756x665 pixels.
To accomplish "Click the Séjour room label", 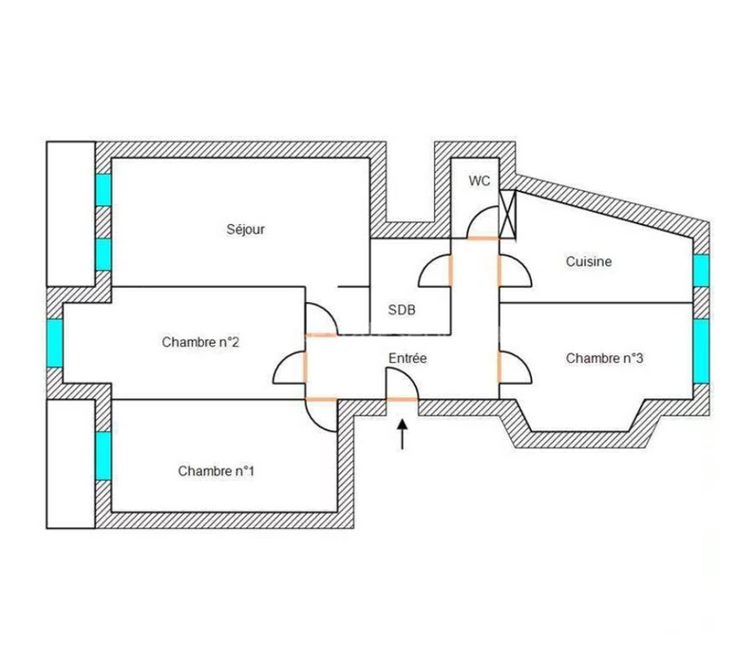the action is click(245, 229).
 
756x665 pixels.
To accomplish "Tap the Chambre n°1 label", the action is click(216, 470).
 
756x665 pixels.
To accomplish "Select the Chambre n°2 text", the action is click(200, 342).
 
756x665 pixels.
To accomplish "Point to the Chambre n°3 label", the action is click(605, 358).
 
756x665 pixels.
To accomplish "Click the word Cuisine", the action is click(589, 261).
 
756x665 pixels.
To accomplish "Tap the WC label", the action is click(480, 180).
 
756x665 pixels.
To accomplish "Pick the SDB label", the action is click(402, 310).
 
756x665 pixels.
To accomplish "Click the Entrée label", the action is click(407, 358).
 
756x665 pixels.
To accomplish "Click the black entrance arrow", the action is click(402, 434).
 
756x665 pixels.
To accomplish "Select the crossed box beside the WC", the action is click(507, 214).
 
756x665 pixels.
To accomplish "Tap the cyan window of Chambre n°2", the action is click(55, 343).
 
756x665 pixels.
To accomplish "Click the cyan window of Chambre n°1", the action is click(104, 456).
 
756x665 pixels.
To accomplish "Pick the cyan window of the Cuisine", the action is click(701, 271).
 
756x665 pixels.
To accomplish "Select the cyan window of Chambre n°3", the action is click(701, 351).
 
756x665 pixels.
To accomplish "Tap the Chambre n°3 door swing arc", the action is click(522, 360).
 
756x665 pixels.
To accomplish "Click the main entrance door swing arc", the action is click(409, 376).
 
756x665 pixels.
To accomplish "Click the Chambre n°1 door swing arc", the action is click(313, 423).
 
